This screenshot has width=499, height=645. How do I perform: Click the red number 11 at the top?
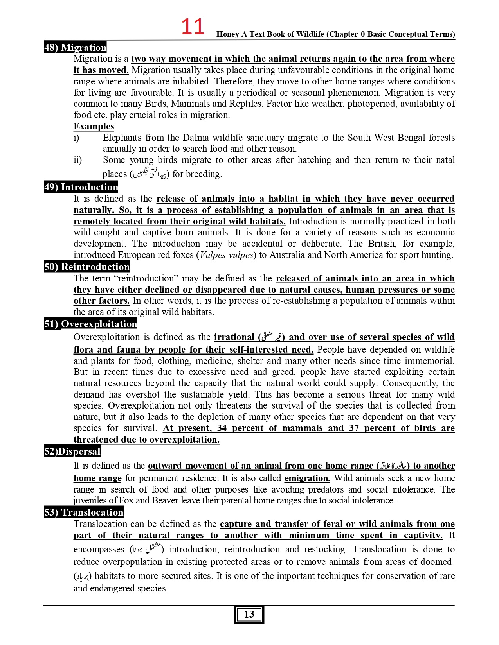click(193, 27)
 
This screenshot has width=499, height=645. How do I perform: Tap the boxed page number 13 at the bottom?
click(249, 615)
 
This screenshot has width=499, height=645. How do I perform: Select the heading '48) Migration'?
click(75, 47)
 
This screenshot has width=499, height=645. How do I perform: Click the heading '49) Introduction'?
click(81, 187)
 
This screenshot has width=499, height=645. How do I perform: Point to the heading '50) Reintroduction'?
click(86, 267)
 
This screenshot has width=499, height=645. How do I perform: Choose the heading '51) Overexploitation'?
click(90, 324)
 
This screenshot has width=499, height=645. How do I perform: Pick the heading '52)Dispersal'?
click(72, 451)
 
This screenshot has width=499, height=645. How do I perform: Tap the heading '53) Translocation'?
click(84, 512)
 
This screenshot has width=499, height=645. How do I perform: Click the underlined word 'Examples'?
click(94, 126)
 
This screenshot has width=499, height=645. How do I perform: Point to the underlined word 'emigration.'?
click(307, 478)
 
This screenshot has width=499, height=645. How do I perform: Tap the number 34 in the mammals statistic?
click(222, 428)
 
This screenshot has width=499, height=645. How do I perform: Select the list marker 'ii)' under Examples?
click(77, 160)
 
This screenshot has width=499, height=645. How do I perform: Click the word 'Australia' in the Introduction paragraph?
click(287, 255)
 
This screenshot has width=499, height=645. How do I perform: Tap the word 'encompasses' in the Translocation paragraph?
click(99, 549)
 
